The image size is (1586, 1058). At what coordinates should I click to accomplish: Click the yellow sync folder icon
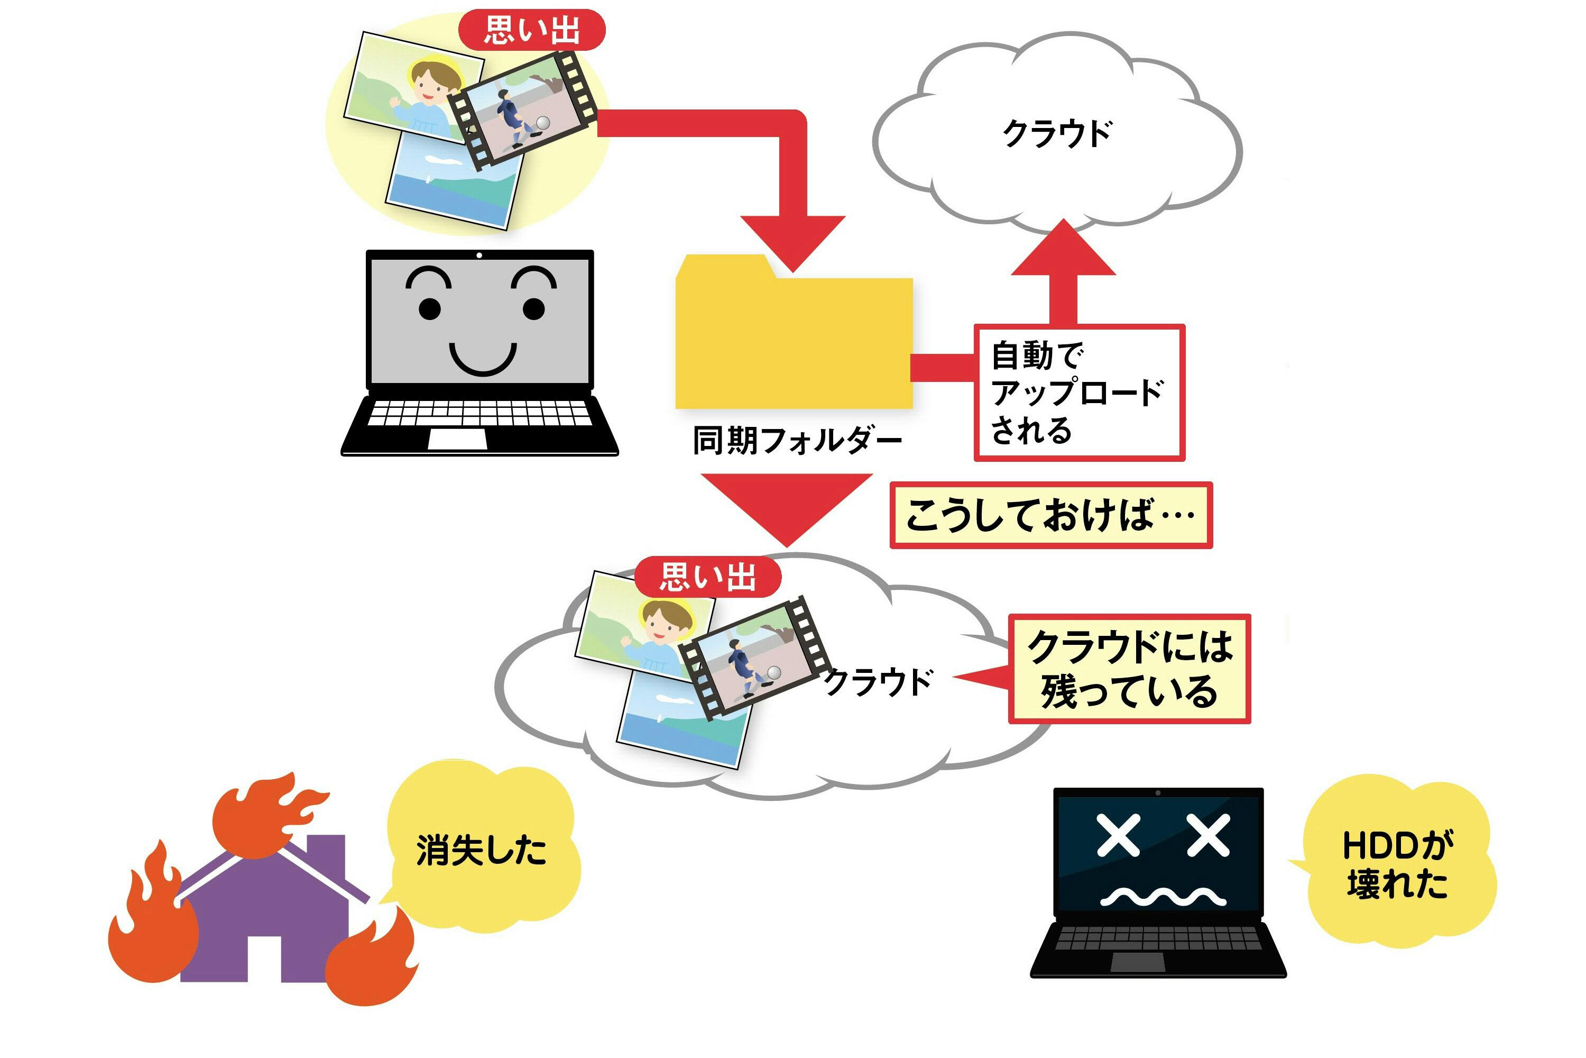coord(794,341)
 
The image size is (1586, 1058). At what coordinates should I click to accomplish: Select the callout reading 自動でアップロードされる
coord(1078,393)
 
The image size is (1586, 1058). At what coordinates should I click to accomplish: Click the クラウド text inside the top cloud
coord(1057,134)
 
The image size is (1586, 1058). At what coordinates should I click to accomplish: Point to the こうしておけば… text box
coord(1050,515)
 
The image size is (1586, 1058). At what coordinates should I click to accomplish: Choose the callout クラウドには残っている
coord(1129,669)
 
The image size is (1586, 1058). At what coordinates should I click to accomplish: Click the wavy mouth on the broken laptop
coord(1162,897)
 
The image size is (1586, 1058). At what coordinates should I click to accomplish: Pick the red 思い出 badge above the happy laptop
coord(531,30)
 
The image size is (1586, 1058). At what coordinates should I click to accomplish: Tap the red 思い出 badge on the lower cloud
coord(707,577)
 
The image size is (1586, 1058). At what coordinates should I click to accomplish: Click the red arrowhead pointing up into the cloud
coord(1063,250)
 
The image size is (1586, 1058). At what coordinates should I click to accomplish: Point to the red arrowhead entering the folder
coord(792,241)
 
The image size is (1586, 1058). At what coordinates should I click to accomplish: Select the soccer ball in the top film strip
coord(542,123)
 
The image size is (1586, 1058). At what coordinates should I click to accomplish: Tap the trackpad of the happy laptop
coord(458,439)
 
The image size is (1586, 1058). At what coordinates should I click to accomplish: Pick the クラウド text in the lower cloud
coord(879,682)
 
